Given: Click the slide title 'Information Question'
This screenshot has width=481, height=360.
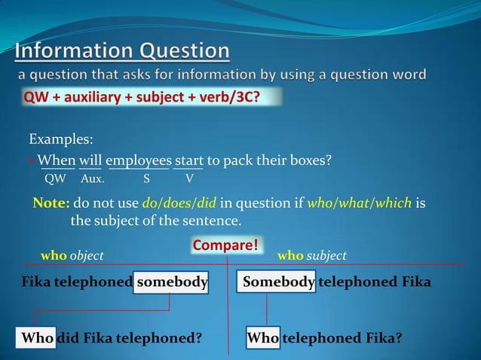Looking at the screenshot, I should pyautogui.click(x=122, y=52).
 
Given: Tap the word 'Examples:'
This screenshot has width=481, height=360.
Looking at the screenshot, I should pyautogui.click(x=61, y=140).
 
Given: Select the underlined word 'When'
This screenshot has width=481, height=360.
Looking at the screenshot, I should pyautogui.click(x=56, y=160).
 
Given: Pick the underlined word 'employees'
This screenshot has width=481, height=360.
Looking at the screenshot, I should pyautogui.click(x=138, y=160).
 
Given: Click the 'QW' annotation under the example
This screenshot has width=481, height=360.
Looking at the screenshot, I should pyautogui.click(x=55, y=178).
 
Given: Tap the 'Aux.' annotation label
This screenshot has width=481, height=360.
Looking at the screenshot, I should pyautogui.click(x=93, y=178).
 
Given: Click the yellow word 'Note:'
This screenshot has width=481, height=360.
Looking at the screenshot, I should pyautogui.click(x=51, y=203).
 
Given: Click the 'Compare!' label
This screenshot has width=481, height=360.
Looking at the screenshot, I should pyautogui.click(x=225, y=246).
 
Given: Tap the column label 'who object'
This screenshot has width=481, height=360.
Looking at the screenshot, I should pyautogui.click(x=72, y=256).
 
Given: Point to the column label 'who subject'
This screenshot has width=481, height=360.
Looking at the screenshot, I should pyautogui.click(x=311, y=256).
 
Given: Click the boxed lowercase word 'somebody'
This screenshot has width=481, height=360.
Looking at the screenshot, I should pyautogui.click(x=171, y=282).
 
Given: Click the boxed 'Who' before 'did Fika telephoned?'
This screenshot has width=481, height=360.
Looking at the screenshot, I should pyautogui.click(x=37, y=338).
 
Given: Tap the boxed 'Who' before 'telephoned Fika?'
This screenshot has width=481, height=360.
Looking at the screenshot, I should pyautogui.click(x=262, y=338).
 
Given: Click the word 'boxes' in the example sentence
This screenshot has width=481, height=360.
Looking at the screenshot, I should pyautogui.click(x=310, y=160).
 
